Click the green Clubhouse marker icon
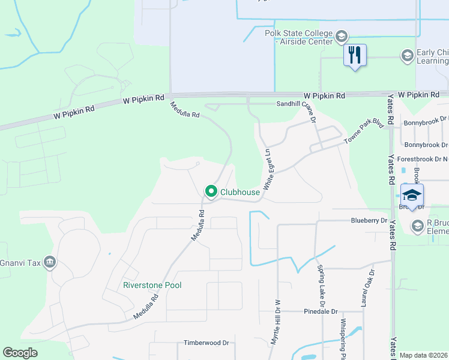pos(211,192)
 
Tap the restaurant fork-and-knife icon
pos(355,55)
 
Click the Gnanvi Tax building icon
pos(49,262)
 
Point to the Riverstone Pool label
pos(152,285)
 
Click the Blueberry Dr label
pos(369,221)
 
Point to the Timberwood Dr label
pos(206,343)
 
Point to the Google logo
pos(20,353)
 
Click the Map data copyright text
pos(424,355)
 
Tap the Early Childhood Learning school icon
pos(407,56)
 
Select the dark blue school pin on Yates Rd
pos(412,196)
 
